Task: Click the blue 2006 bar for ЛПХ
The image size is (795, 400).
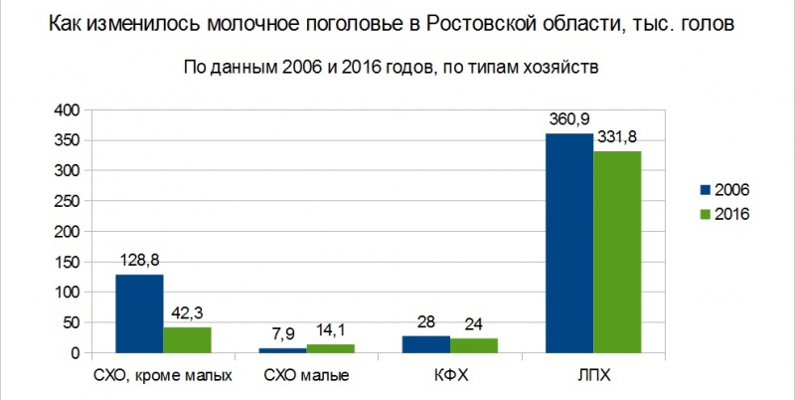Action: coord(569,243)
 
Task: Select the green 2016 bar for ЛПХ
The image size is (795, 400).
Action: coord(617,252)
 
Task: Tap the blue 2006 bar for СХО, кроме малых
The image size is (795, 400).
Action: coord(139,313)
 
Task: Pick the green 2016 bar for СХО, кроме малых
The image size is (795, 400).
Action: coord(188,339)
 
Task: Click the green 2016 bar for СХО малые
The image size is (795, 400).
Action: coord(331,348)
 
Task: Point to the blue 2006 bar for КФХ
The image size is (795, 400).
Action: coord(426,344)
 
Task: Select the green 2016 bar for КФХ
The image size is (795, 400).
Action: coord(474,345)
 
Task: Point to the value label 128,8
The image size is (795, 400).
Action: coord(139,261)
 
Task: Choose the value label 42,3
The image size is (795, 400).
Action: coord(188,313)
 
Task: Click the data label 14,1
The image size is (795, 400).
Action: coord(331,330)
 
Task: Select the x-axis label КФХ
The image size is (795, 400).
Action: coord(450,376)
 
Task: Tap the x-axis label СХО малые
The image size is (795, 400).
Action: coord(307,376)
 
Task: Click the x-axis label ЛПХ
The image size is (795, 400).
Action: coord(593,376)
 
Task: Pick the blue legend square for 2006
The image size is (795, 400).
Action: coord(707,189)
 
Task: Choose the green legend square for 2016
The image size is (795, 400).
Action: coord(707,213)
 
